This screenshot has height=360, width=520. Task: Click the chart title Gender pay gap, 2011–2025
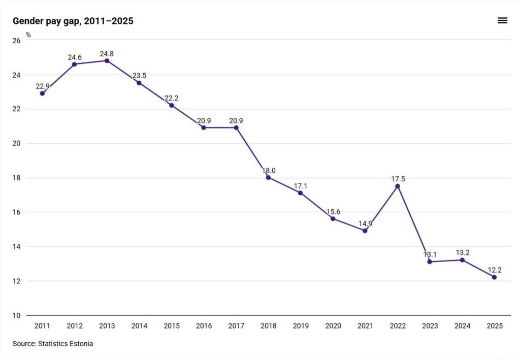[x=73, y=21]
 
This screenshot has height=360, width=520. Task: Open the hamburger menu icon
[x=502, y=21]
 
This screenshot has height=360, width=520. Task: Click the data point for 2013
[x=107, y=61]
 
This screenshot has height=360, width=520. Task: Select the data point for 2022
[x=397, y=186]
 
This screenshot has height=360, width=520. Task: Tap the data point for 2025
[x=494, y=277]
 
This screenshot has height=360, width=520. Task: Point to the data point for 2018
[x=268, y=178]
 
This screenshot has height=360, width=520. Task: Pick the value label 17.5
[x=397, y=179]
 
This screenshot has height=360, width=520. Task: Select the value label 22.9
[x=43, y=86]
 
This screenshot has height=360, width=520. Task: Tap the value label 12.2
[x=494, y=270]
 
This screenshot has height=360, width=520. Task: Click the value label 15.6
[x=333, y=211]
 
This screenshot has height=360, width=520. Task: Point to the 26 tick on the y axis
[x=16, y=41]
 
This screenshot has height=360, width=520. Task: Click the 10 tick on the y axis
[x=16, y=316]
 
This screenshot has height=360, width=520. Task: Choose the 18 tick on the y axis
[x=16, y=178]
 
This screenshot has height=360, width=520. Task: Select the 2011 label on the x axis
[x=42, y=326]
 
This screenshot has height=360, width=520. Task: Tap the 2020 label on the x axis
[x=333, y=326]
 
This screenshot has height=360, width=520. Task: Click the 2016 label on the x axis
[x=204, y=326]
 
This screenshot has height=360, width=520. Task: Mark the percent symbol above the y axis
[x=28, y=35]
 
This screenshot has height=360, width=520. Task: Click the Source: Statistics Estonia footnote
[x=53, y=344]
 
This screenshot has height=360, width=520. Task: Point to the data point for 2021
[x=365, y=231]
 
